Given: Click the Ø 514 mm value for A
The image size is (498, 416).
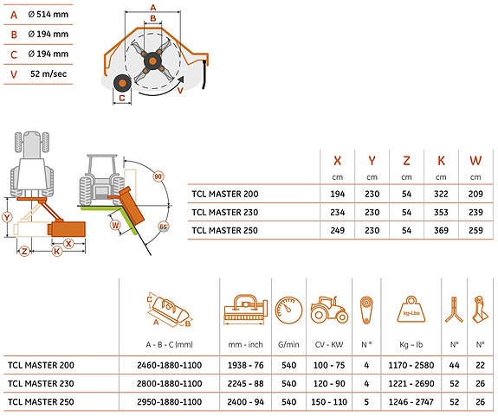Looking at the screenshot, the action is click(48, 14).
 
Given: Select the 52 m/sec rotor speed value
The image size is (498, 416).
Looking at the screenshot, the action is click(49, 74).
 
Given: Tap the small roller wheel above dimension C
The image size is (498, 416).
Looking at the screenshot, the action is click(122, 84).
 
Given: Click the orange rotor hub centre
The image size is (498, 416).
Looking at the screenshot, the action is click(152, 61).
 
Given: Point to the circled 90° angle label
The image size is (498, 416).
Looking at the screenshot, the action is click(158, 176).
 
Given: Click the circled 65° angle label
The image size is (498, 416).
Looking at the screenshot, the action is click(163, 227).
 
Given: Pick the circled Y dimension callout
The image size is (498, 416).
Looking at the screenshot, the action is click(7, 217).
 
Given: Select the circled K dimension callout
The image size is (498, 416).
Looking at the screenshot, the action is click(57, 252).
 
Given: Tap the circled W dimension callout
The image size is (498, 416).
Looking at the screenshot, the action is click(115, 226).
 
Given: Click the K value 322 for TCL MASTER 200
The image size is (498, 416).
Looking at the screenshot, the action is click(441, 194).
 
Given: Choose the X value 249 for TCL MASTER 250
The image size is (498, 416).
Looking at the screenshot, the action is click(337, 231).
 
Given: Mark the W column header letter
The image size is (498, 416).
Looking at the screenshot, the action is click(475, 161).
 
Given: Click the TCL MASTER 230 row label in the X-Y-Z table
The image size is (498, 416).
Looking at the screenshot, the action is click(225, 212).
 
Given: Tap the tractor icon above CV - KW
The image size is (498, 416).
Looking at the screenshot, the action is click(329, 310).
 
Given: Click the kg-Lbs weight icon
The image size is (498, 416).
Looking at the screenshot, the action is click(411, 309).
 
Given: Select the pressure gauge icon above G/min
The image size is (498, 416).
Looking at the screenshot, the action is click(288, 310).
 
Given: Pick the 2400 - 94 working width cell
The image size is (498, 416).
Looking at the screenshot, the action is click(245, 402).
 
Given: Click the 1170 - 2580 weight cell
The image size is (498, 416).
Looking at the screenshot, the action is click(411, 365).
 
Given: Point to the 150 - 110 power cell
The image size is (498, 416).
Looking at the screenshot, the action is click(329, 402).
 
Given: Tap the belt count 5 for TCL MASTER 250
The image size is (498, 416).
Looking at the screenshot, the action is click(366, 402).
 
